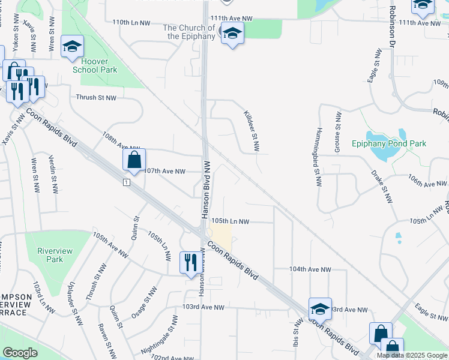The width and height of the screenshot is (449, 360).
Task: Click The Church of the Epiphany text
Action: [189, 32]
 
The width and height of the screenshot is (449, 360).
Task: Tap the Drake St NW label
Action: [382, 186]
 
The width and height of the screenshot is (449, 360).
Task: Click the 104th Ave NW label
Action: [310, 269]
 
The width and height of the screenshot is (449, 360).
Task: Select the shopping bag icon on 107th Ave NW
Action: [134, 160]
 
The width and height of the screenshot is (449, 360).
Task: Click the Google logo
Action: [20, 353]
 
